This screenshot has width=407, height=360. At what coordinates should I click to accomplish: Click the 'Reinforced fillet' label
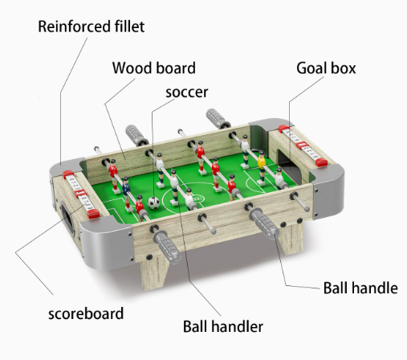[x=92, y=27]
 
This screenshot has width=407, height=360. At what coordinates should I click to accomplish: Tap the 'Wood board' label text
[x=154, y=68]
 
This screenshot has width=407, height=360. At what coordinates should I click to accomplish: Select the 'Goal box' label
[x=326, y=68]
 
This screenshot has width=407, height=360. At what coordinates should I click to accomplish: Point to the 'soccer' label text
[x=187, y=92]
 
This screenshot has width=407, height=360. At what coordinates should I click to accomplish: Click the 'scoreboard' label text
[x=86, y=313]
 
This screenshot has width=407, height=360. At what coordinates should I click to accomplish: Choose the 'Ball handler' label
[x=223, y=326]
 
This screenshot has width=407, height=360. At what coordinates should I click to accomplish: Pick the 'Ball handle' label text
[x=360, y=288]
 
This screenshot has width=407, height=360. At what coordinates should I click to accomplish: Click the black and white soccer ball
[x=153, y=202]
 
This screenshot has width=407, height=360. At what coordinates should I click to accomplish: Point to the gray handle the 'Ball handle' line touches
[x=264, y=223]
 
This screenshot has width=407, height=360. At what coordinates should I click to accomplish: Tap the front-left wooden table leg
[x=155, y=272]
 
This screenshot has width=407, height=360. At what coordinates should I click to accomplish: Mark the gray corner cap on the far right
[x=328, y=191]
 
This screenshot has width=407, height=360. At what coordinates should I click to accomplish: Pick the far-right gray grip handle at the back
[x=218, y=118]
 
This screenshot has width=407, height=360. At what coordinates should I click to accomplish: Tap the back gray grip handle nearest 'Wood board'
[x=136, y=135]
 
